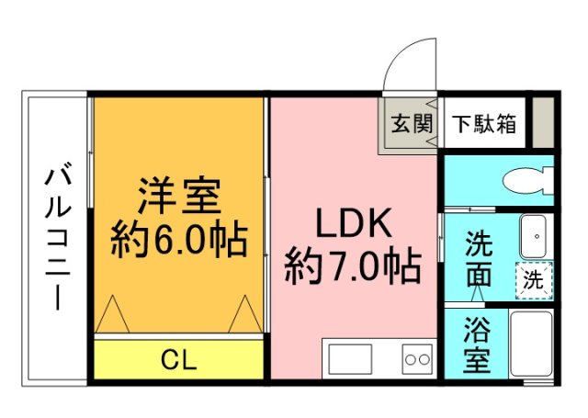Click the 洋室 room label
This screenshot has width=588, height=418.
(178, 196)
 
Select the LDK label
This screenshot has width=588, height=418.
(354, 223)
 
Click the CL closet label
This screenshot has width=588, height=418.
(178, 359)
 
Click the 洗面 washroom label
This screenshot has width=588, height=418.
(478, 259)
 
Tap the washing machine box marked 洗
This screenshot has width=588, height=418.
(534, 279)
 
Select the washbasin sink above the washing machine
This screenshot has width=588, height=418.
(534, 238)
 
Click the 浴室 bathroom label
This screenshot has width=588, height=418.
(476, 345)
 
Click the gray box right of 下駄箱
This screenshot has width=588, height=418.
(543, 121)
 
